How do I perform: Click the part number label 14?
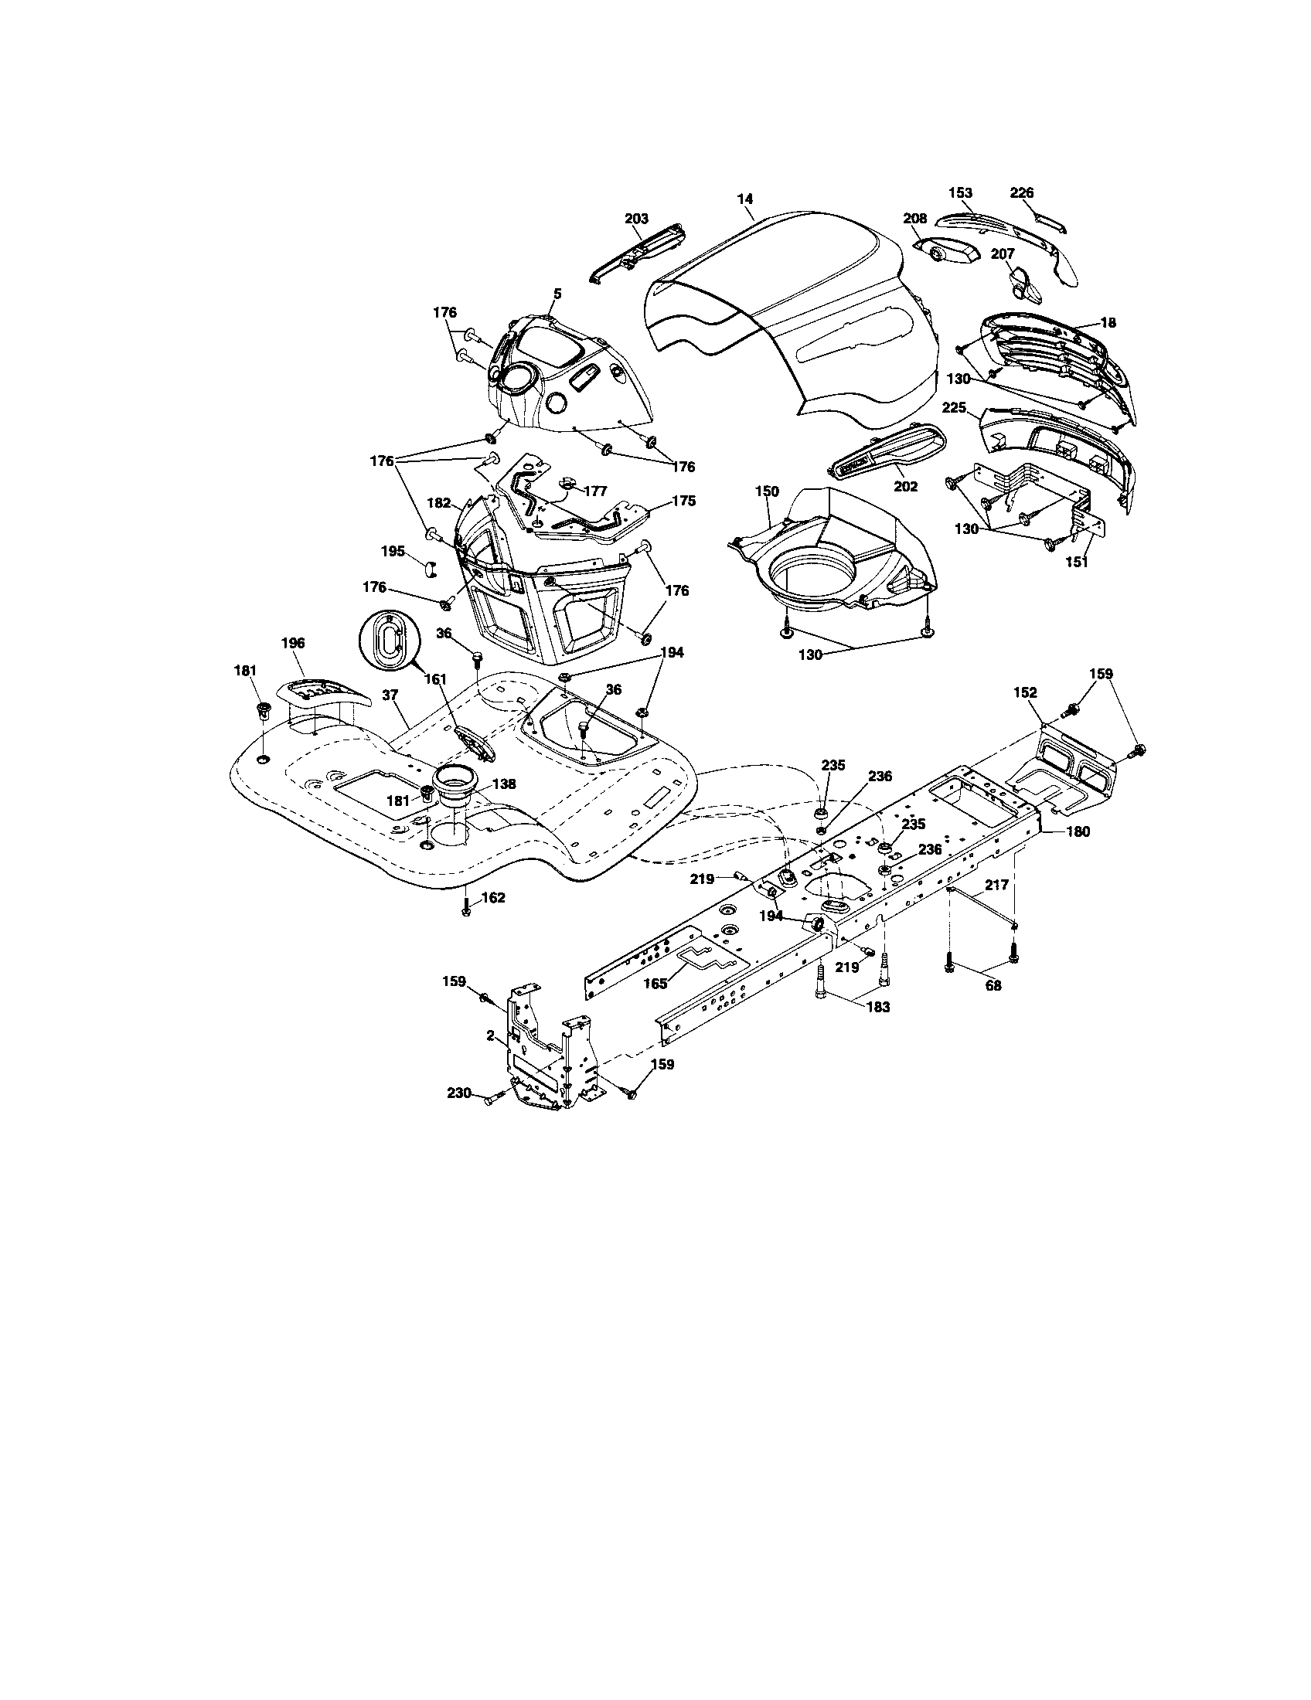coord(745,199)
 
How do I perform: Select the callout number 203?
coord(636,219)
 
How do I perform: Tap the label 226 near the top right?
coord(1021,192)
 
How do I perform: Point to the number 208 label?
coord(914,219)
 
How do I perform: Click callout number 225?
coord(955,407)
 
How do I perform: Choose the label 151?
coord(1076,562)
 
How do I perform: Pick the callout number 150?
coord(767,491)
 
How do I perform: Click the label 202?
coord(905,487)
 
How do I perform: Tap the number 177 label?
coord(594,492)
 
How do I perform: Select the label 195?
coord(393,551)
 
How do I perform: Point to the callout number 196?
coord(293,643)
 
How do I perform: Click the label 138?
coord(505,784)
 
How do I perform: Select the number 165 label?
coord(655,984)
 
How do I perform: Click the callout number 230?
coord(459,1093)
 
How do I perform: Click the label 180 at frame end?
coord(1078,831)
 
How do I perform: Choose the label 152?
coord(1025,692)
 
